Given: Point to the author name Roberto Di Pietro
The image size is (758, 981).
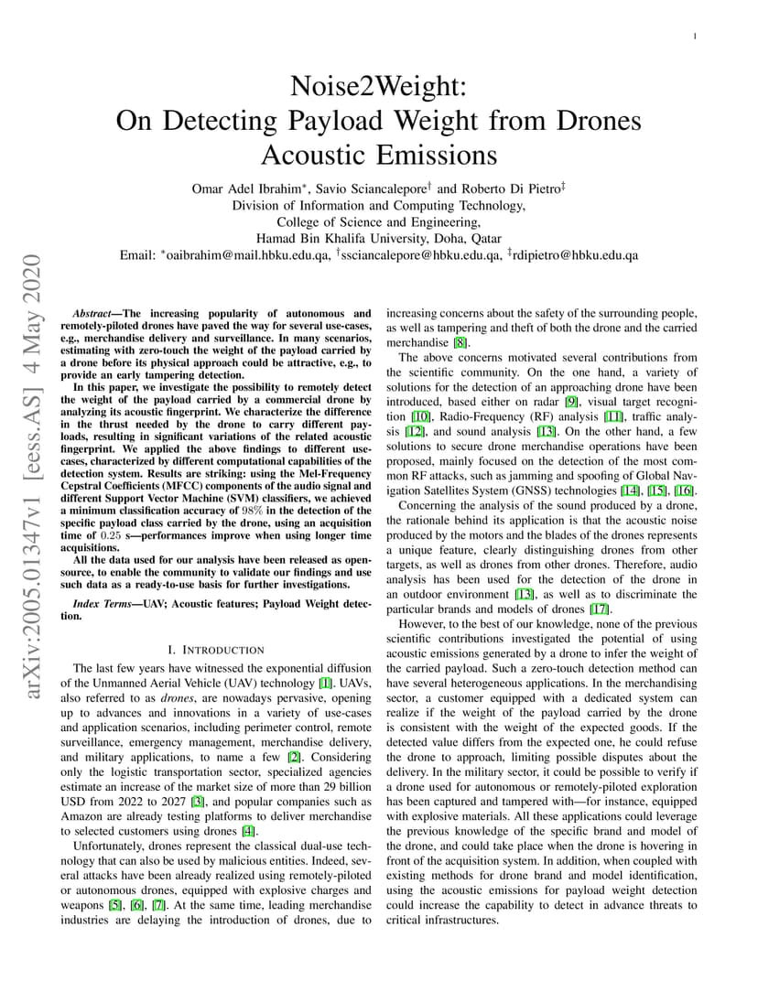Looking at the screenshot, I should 505,189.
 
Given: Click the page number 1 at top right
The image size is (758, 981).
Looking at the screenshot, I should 697,37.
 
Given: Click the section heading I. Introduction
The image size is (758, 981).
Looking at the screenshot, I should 216,650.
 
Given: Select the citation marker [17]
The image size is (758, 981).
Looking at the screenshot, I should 599,609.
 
